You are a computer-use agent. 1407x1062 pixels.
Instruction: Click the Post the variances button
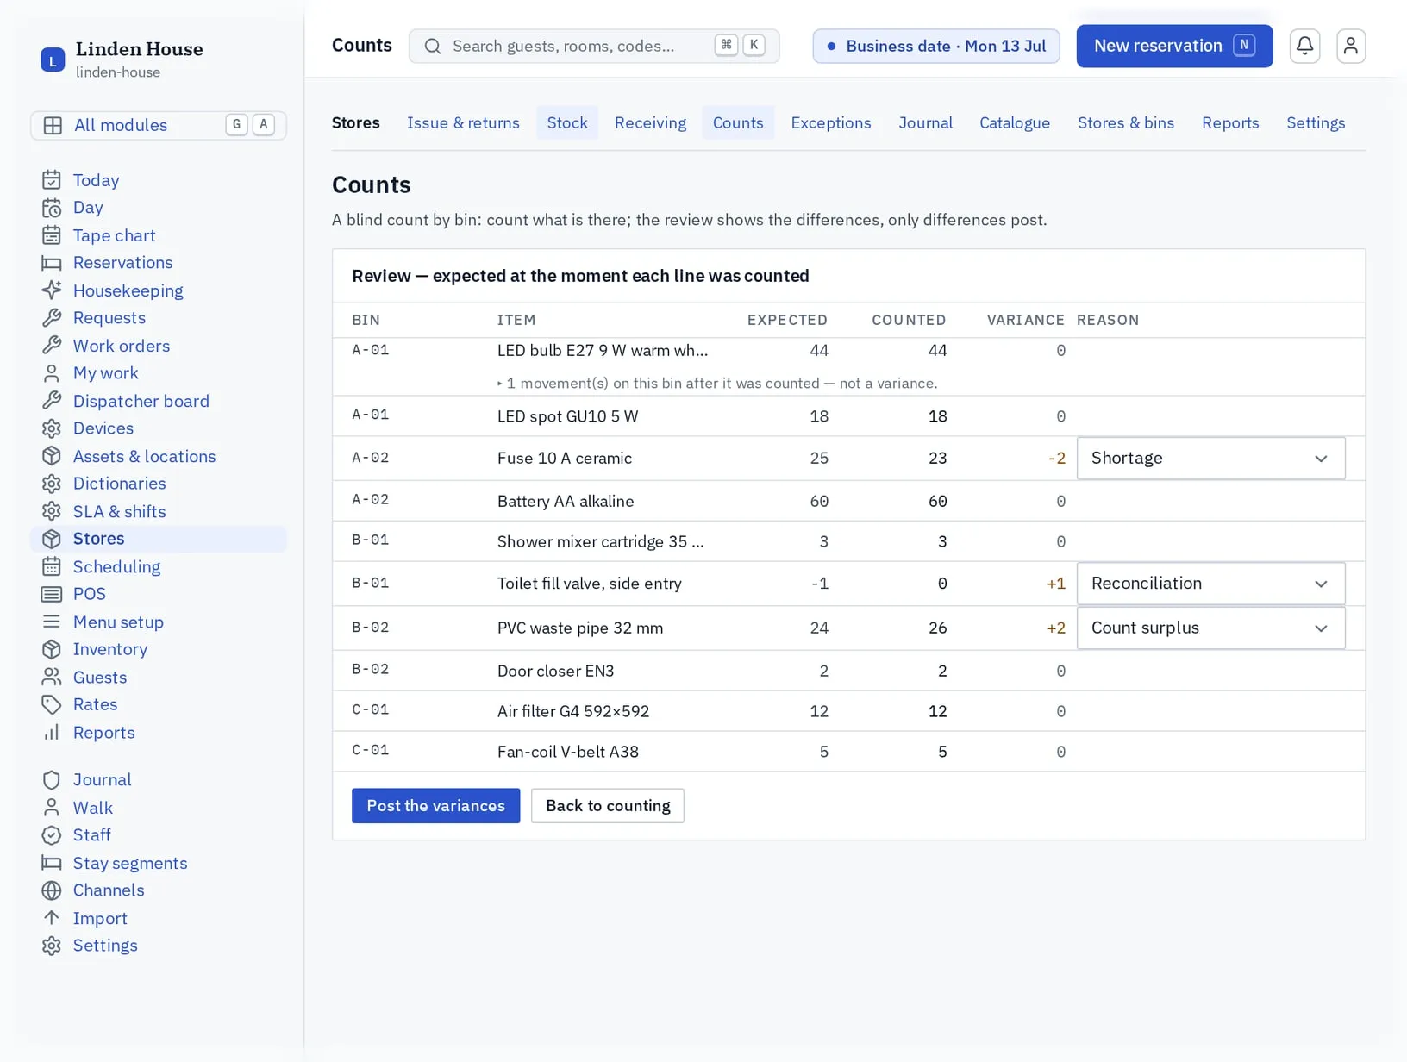[x=435, y=805]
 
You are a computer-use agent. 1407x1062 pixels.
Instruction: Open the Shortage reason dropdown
[x=1210, y=458]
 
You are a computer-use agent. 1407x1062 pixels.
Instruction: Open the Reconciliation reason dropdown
[x=1210, y=584]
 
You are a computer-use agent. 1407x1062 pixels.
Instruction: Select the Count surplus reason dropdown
[x=1210, y=628]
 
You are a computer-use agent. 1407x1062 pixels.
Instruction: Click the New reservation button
[x=1173, y=46]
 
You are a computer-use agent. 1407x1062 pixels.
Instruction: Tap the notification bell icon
[x=1304, y=46]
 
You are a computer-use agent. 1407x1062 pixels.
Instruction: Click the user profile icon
[x=1350, y=46]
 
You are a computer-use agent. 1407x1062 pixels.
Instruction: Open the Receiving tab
[x=649, y=122]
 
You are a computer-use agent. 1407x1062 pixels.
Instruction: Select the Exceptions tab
[x=830, y=122]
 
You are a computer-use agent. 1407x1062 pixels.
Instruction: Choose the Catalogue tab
[x=1014, y=122]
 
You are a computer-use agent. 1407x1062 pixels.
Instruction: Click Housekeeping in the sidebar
[x=128, y=290]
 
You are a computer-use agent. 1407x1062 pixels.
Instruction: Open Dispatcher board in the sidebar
[x=141, y=401]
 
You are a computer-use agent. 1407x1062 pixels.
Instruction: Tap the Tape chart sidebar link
[x=114, y=235]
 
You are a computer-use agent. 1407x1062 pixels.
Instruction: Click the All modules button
[x=159, y=124]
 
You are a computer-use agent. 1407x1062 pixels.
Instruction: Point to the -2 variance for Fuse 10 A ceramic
[x=1056, y=458]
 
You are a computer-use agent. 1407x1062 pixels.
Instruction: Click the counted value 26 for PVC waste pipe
[x=937, y=628]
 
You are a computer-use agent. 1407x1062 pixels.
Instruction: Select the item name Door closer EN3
[x=555, y=671]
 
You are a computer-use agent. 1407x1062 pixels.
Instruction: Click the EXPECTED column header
[x=786, y=320]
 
